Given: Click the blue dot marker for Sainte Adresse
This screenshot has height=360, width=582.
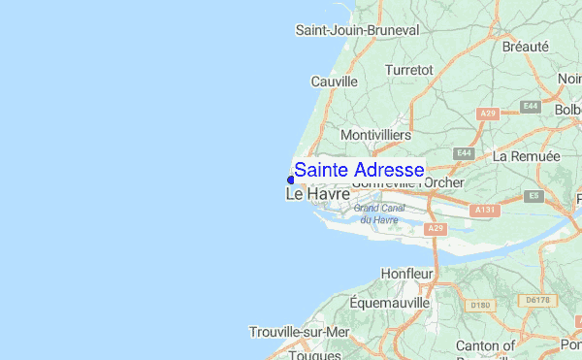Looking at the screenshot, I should tap(291, 179).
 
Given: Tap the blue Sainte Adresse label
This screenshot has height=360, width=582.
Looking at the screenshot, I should tap(359, 170).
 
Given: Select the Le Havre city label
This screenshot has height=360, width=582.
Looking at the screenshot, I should tap(317, 195).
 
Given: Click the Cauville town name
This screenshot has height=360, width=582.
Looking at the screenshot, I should tap(334, 82).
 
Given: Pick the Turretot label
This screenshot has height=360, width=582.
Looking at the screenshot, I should tap(408, 70).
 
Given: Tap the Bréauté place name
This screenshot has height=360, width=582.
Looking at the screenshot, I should tap(525, 47).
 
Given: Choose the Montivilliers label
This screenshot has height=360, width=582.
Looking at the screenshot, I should tap(376, 134).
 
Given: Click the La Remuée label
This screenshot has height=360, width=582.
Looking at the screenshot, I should tap(527, 156).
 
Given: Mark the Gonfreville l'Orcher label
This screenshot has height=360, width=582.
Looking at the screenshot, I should tap(407, 182).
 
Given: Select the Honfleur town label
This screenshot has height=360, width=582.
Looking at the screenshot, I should tap(406, 274).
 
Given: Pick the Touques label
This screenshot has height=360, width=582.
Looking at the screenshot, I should tap(314, 354).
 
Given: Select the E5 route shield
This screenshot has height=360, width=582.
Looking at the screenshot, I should tap(533, 196).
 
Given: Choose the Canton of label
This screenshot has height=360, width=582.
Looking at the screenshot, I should tap(485, 344).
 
